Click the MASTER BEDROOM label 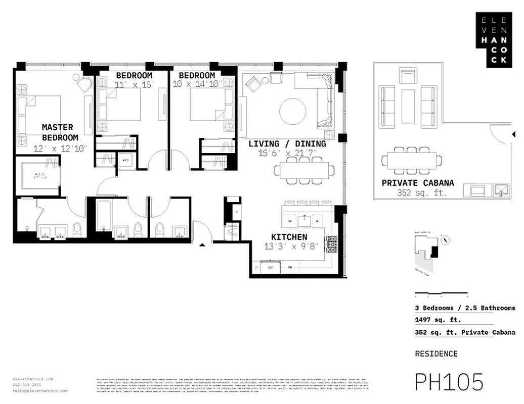[x=60, y=132]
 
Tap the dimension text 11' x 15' [x=134, y=84]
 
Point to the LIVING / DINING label [x=287, y=144]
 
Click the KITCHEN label [x=289, y=237]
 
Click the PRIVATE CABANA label [x=418, y=183]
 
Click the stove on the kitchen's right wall [x=332, y=244]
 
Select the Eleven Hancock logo [x=493, y=39]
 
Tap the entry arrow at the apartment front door [x=203, y=245]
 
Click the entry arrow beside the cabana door [x=513, y=134]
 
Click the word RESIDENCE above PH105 [x=436, y=354]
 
